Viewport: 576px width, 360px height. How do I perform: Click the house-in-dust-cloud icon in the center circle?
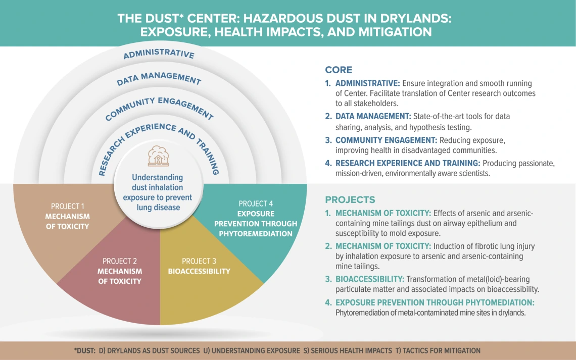(x=158, y=156)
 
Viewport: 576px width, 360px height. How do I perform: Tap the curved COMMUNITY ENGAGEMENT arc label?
(x=159, y=108)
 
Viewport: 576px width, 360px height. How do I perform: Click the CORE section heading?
(x=339, y=70)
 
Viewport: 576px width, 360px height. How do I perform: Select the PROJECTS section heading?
(x=350, y=199)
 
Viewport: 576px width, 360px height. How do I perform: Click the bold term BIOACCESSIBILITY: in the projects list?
(x=369, y=279)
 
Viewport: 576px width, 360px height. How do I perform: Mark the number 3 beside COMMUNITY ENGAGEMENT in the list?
(x=328, y=140)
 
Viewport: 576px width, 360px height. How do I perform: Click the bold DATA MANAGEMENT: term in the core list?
(x=373, y=116)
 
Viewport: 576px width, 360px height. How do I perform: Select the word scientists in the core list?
(x=473, y=173)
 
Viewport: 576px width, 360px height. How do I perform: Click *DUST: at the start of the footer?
(x=84, y=351)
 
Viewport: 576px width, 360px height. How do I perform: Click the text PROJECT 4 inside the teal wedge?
(x=256, y=203)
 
